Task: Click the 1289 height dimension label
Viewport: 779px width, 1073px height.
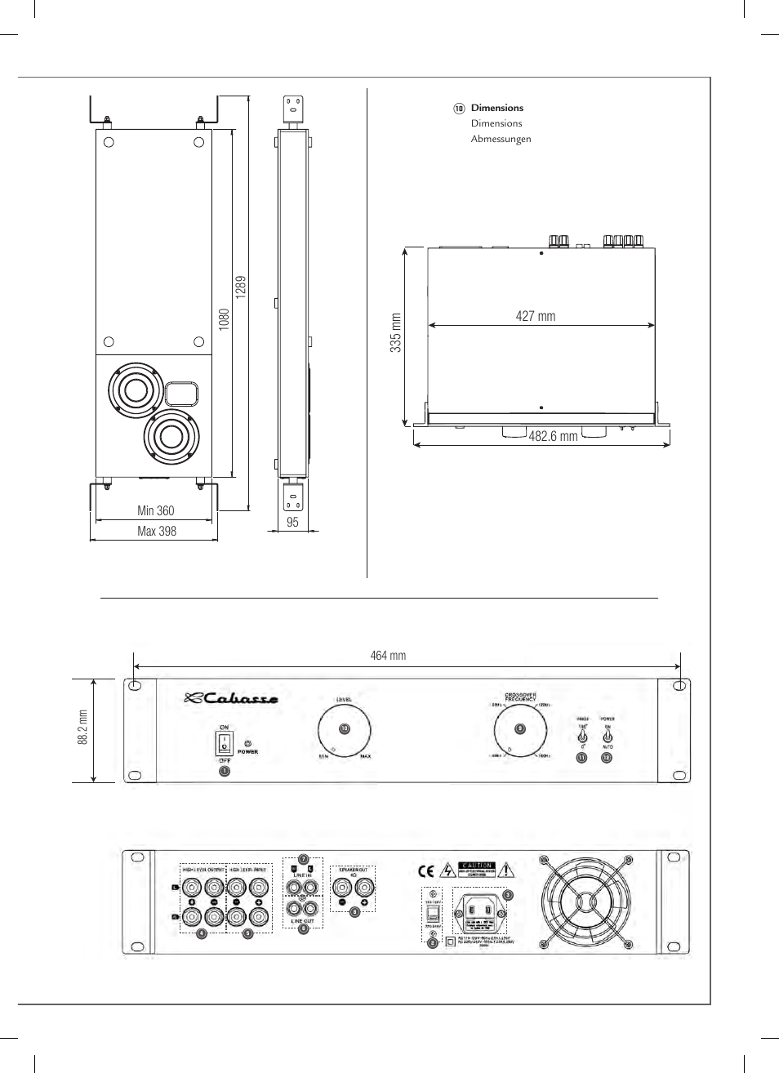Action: (x=241, y=287)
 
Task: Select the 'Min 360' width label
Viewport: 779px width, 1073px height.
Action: (x=155, y=511)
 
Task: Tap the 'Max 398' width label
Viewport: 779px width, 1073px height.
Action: (x=157, y=531)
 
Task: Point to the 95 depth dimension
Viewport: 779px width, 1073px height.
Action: (x=293, y=523)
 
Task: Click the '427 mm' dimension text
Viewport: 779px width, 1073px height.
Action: (x=536, y=316)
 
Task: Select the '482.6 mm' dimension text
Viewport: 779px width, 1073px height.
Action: (x=553, y=436)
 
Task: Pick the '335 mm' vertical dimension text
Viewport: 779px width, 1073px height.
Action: (x=395, y=332)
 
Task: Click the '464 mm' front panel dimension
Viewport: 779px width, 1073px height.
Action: (x=388, y=655)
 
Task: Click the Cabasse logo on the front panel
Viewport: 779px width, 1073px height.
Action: (x=230, y=698)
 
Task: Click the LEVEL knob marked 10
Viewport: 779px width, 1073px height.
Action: (x=344, y=728)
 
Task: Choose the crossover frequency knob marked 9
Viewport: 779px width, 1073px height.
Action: (x=519, y=729)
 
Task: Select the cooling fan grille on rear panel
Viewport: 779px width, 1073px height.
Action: (x=584, y=902)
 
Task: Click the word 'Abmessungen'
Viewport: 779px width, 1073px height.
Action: (x=501, y=139)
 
